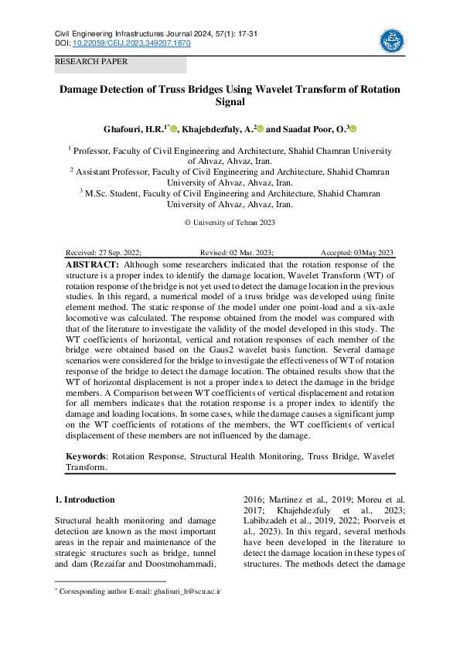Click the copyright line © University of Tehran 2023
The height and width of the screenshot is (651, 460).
coord(230,223)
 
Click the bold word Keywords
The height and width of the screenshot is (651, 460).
coord(85,457)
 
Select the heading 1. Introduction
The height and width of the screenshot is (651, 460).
coord(85,499)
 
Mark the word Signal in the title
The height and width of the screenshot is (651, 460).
coord(230,102)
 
